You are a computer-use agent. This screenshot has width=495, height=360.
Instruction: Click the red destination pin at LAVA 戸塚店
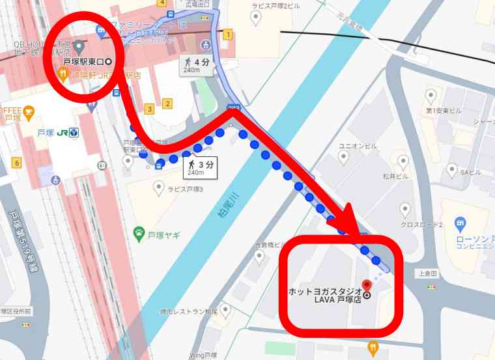pos(366,285)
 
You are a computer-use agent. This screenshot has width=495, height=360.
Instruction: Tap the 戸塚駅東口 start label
pos(87,62)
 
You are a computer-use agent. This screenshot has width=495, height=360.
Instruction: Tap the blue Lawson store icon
pos(461,224)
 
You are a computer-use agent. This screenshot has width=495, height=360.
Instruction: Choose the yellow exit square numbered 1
pos(227,35)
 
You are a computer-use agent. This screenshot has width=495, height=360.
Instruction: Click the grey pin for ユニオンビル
pos(343,157)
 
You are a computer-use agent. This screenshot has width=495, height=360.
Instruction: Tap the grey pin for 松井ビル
pos(403,161)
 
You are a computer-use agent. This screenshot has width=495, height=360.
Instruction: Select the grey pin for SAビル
pos(452,170)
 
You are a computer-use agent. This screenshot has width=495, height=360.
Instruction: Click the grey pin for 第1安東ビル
pos(430,98)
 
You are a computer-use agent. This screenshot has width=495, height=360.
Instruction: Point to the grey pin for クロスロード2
pos(405,210)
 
